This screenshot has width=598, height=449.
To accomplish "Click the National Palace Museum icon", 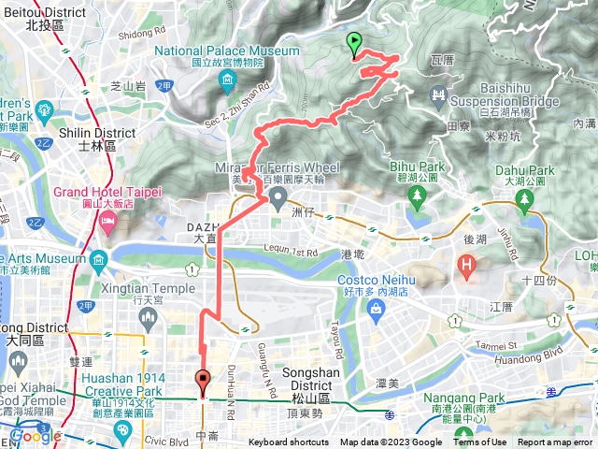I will coord(227,84).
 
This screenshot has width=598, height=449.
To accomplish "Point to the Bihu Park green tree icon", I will coord(415,195).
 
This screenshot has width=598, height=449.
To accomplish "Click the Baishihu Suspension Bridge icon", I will coord(439,94).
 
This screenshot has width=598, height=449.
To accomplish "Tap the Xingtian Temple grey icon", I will coord(147,319).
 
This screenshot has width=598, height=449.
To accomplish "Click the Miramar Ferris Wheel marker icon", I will coord(278,197).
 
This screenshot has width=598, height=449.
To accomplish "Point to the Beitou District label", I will coord(42,18).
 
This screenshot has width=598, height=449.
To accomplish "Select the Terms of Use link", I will coord(480,442).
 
